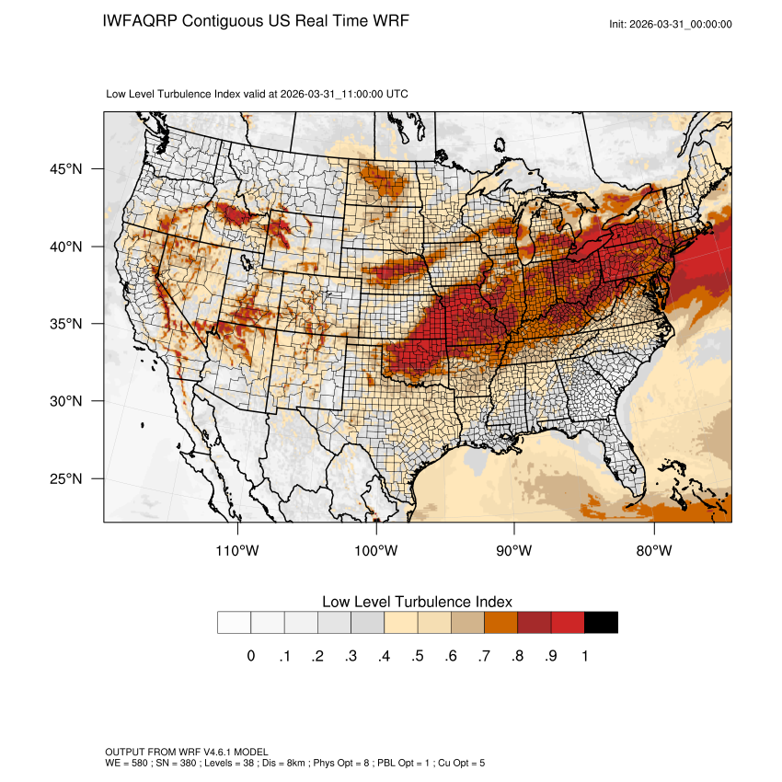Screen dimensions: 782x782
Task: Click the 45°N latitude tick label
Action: [66, 169]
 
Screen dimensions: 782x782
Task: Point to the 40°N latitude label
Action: [66, 247]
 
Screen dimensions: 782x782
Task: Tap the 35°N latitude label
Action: [66, 324]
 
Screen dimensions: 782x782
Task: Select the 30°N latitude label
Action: [66, 401]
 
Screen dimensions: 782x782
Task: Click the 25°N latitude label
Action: [66, 478]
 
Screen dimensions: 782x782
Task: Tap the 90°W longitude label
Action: [515, 551]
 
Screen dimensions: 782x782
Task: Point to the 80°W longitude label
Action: [654, 551]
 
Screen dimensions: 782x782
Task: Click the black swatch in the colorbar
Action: [601, 623]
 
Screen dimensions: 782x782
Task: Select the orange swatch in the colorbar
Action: [501, 623]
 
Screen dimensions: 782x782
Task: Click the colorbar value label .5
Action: [418, 656]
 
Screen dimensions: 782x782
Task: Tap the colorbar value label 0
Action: [250, 656]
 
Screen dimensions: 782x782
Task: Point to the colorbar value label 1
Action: [585, 656]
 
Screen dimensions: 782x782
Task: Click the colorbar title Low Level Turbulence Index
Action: [417, 601]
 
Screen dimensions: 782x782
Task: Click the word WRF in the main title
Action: [388, 20]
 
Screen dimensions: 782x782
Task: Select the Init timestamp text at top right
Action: [671, 24]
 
